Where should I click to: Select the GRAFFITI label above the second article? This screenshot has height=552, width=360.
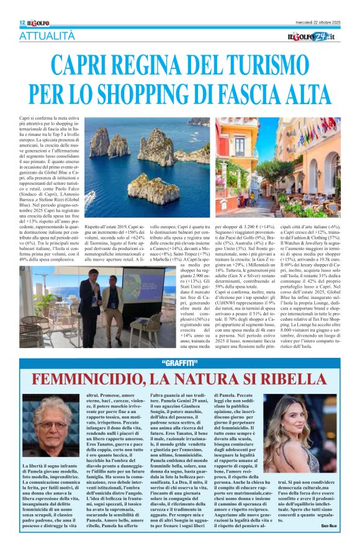pos(179,363)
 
